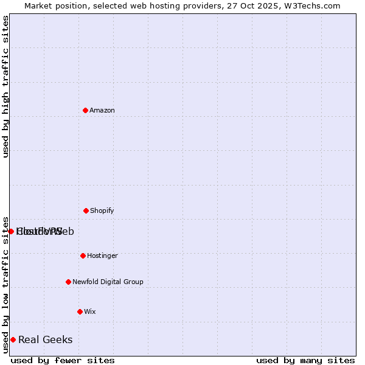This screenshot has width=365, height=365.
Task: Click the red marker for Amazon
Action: [85, 110]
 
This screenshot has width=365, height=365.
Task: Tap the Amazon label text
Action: [102, 111]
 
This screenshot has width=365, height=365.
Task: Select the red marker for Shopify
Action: [86, 210]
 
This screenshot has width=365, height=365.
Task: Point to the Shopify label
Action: [102, 211]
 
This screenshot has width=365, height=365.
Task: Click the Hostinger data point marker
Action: [83, 255]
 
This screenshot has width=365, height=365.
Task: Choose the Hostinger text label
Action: [102, 256]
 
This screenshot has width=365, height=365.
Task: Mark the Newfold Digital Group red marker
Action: [68, 282]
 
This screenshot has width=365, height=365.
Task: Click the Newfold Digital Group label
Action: [108, 282]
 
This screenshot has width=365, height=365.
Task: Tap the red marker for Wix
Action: [80, 311]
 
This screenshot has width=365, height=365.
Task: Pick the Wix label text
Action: [90, 312]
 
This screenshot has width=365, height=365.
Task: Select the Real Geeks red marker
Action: [13, 339]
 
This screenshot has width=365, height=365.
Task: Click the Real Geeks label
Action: [46, 340]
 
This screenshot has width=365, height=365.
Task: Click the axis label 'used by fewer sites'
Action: [63, 360]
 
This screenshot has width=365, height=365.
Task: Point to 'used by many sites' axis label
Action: [305, 360]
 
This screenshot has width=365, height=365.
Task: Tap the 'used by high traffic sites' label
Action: [5, 86]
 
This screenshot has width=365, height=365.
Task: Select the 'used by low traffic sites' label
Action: [5, 284]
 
